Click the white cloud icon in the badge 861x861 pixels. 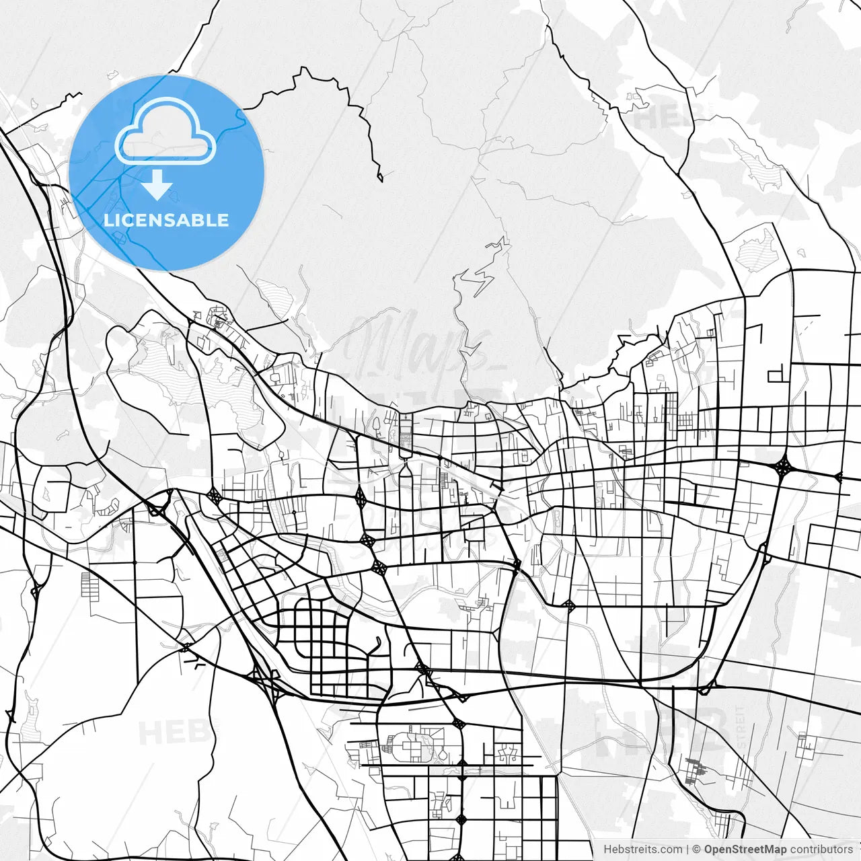[165, 132]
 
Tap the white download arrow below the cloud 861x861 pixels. [157, 185]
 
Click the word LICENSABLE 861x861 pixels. [166, 220]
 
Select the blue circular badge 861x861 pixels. [166, 173]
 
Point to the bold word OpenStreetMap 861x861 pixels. [745, 850]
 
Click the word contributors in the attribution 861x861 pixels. [821, 850]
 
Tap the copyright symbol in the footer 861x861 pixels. [697, 850]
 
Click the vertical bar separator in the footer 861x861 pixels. [687, 850]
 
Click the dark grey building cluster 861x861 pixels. [696, 770]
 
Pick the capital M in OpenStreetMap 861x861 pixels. [763, 850]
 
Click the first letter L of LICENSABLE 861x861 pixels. [108, 220]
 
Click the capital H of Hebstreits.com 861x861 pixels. [607, 850]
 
